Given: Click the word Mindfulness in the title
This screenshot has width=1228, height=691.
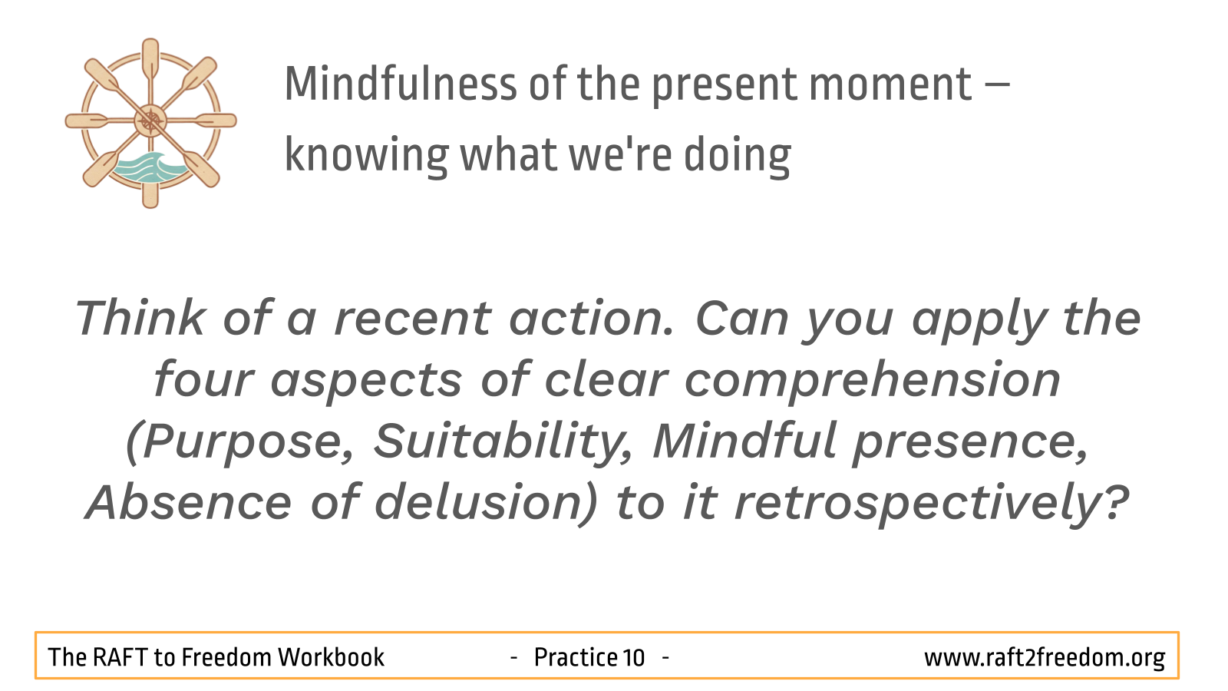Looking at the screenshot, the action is (x=401, y=84).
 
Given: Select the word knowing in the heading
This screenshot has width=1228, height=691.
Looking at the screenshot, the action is (x=367, y=156).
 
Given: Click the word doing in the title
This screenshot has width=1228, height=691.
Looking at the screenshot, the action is (x=737, y=156).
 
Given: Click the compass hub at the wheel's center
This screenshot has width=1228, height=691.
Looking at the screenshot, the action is (x=150, y=121).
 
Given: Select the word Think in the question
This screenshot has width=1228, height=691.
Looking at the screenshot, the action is (x=140, y=317).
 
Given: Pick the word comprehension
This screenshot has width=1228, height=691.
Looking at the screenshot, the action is (x=873, y=381).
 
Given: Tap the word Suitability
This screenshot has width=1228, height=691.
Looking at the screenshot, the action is (x=503, y=441).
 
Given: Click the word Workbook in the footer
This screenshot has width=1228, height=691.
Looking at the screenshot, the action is (x=331, y=657).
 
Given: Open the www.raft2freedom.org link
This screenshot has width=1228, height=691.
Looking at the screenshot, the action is (x=1045, y=658).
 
